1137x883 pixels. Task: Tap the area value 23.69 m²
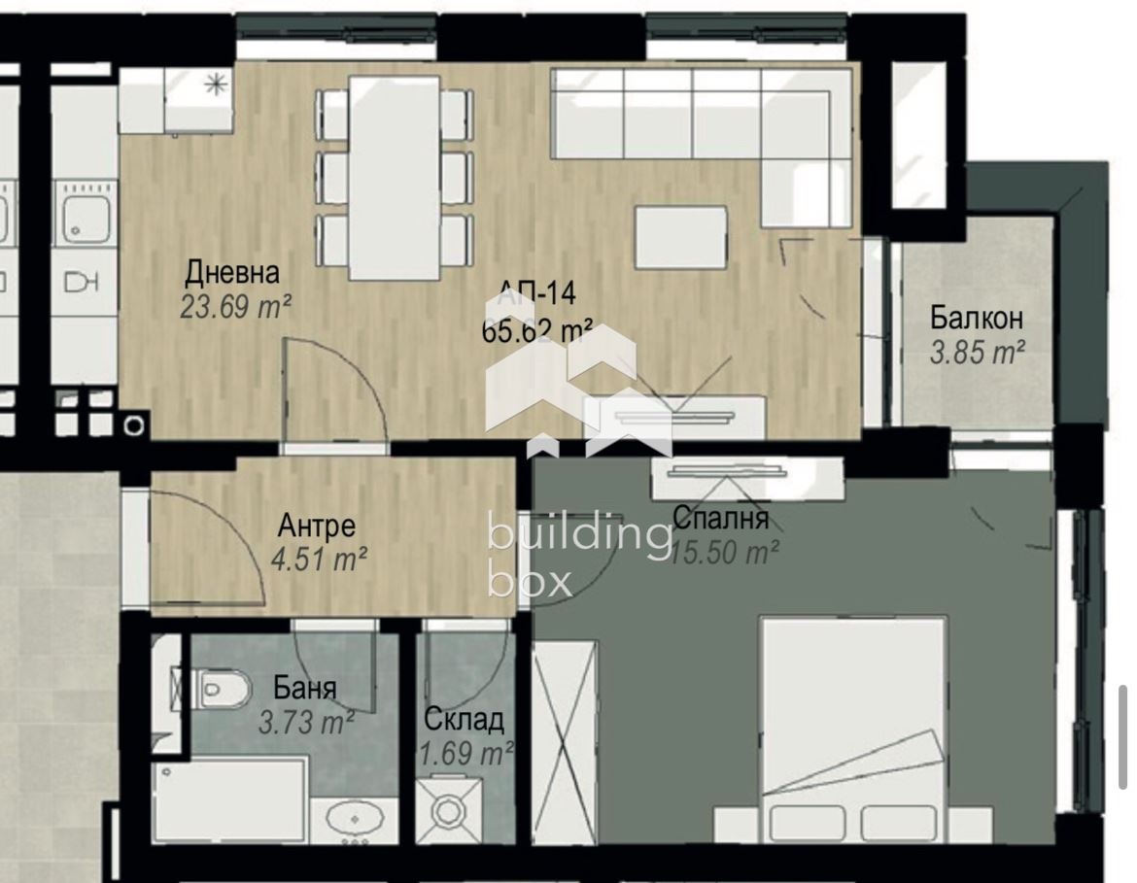(x=236, y=306)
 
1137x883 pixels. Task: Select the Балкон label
(x=976, y=318)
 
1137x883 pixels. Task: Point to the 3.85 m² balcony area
(x=977, y=353)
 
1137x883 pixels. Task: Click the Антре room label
(x=317, y=526)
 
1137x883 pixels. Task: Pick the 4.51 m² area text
(x=319, y=560)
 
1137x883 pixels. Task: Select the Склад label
(x=464, y=720)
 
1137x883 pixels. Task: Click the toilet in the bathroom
(x=216, y=691)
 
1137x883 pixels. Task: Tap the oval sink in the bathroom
(x=353, y=818)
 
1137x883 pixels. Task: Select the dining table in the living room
(x=395, y=177)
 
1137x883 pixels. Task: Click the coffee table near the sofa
(x=681, y=237)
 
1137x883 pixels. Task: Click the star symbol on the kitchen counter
(x=214, y=85)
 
